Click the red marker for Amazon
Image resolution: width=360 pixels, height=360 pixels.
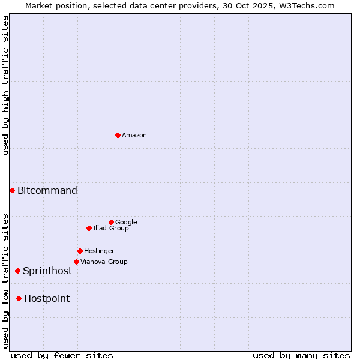(x=118, y=135)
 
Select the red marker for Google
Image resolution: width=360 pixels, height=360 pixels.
(x=111, y=222)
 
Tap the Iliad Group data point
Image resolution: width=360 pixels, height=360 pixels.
(x=89, y=228)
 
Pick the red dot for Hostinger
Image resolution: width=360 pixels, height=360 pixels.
(x=80, y=251)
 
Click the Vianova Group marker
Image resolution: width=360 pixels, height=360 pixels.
(x=76, y=262)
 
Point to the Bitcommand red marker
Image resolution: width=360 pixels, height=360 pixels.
(x=12, y=190)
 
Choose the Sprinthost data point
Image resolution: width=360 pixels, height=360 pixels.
(x=17, y=271)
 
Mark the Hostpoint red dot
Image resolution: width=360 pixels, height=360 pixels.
(x=19, y=298)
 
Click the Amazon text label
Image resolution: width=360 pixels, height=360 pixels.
(x=134, y=135)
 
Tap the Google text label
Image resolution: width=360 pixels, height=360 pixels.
(x=126, y=222)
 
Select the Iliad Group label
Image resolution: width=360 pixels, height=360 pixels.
(x=111, y=228)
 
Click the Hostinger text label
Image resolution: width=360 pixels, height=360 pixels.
(x=99, y=251)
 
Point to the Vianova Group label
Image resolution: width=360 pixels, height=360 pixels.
(x=104, y=262)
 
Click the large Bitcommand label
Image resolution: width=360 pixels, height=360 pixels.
(x=47, y=190)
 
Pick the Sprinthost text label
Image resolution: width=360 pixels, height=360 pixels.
(x=47, y=271)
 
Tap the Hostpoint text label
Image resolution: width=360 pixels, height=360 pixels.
(x=47, y=298)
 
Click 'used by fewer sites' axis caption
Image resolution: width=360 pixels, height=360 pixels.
(x=62, y=355)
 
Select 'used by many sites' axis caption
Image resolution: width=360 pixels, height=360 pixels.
(x=301, y=355)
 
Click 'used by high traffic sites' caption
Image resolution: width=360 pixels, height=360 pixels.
(x=5, y=85)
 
